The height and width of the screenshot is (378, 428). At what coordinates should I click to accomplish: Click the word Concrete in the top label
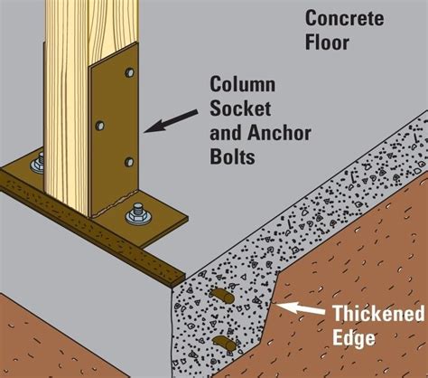(x=345, y=18)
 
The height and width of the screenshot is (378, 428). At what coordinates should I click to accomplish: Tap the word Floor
(x=327, y=43)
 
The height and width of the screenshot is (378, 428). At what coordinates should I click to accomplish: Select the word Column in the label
(x=243, y=84)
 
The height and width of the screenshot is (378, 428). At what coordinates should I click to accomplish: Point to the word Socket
(x=240, y=109)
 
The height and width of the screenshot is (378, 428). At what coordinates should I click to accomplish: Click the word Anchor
(x=280, y=133)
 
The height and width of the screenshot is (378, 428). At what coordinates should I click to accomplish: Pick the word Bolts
(x=232, y=156)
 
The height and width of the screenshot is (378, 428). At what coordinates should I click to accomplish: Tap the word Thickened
(x=378, y=313)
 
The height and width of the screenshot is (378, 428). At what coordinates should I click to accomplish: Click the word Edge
(x=354, y=338)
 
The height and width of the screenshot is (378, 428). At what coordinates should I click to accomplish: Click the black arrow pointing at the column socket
(x=171, y=121)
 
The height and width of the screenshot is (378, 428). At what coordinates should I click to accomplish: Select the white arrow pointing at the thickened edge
(x=301, y=308)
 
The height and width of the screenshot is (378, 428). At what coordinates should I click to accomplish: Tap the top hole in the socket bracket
(x=130, y=72)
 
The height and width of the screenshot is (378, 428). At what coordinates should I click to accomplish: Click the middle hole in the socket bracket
(x=100, y=125)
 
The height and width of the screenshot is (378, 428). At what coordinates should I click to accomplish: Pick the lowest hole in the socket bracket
(x=129, y=162)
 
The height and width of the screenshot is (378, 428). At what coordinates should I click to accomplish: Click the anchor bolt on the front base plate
(x=137, y=213)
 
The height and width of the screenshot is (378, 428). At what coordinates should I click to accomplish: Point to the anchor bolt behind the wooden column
(x=37, y=164)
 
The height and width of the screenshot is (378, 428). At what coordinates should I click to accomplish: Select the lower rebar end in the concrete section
(x=225, y=344)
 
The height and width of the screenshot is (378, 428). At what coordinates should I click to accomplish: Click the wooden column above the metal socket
(x=90, y=27)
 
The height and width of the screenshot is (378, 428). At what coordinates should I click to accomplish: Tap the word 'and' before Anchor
(x=227, y=133)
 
